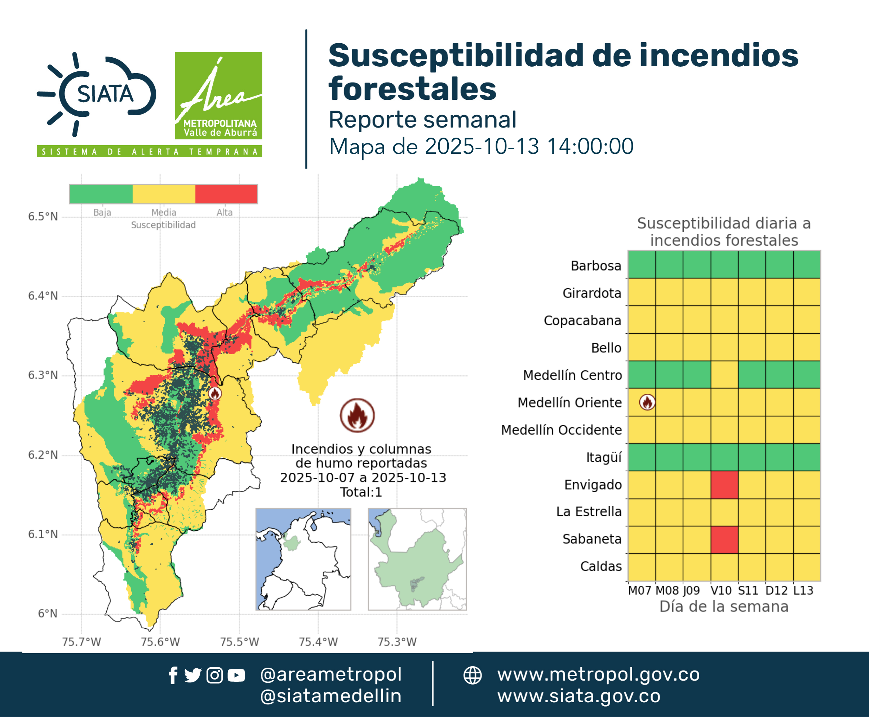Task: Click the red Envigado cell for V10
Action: click(724, 485)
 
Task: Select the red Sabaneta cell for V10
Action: click(724, 539)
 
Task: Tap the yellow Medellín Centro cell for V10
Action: click(724, 375)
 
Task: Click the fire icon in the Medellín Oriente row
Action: click(647, 402)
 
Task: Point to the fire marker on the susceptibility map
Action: click(214, 393)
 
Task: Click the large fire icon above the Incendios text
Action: click(358, 415)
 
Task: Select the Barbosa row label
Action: click(596, 266)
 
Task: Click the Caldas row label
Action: click(601, 566)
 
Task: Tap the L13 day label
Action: click(803, 591)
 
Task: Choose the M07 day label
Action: click(640, 591)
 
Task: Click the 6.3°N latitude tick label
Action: click(43, 375)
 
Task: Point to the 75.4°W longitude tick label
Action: click(318, 642)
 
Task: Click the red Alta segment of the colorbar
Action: click(226, 194)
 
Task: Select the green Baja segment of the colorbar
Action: click(101, 194)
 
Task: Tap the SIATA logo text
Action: click(105, 94)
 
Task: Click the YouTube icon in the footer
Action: click(236, 676)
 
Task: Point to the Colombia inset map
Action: click(303, 559)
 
